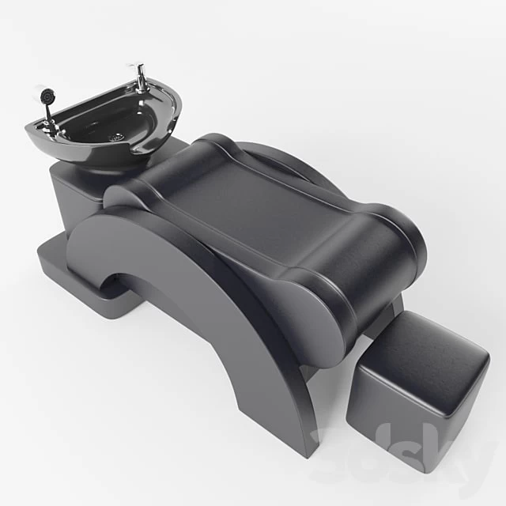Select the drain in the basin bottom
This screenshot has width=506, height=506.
(118, 136)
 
